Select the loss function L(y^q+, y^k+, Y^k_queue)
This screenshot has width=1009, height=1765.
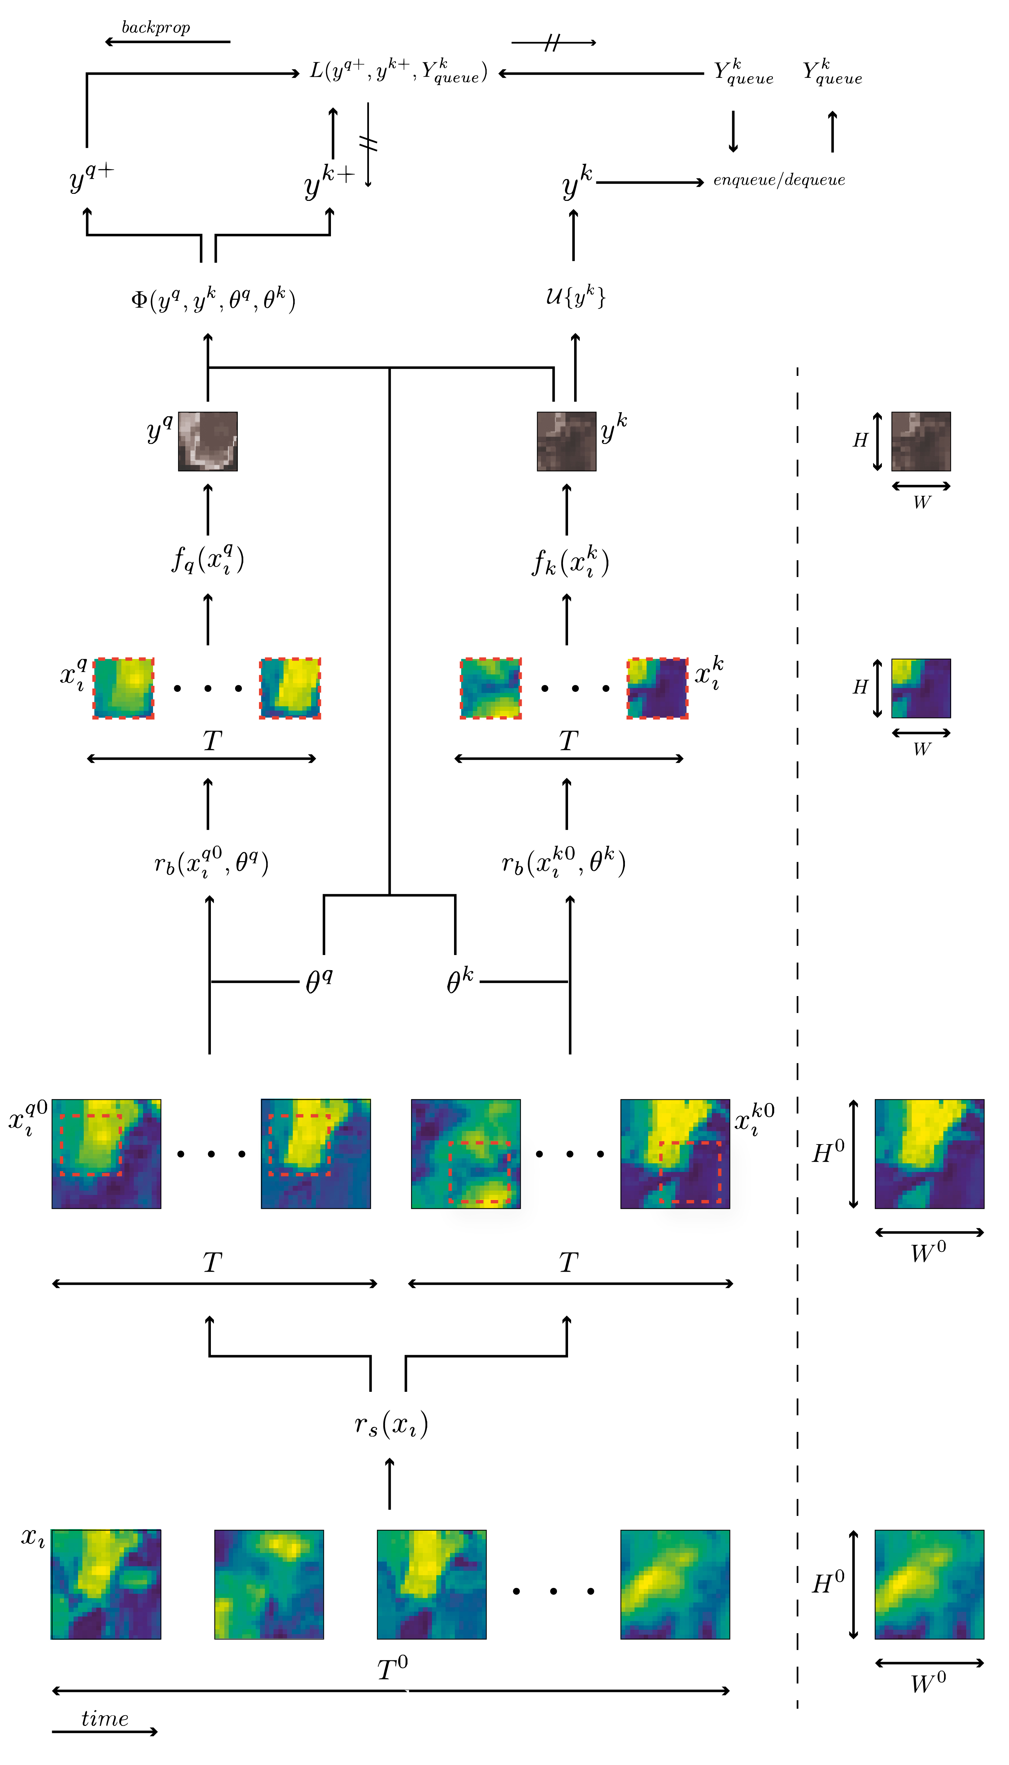pos(399,71)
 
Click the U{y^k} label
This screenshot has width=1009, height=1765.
pos(575,297)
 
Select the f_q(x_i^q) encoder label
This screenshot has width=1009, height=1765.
pos(208,559)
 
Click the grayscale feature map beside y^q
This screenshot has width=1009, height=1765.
pos(208,442)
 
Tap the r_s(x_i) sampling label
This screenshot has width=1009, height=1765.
pos(391,1424)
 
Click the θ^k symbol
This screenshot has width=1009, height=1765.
pos(459,981)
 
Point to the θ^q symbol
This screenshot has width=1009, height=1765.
pos(319,981)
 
